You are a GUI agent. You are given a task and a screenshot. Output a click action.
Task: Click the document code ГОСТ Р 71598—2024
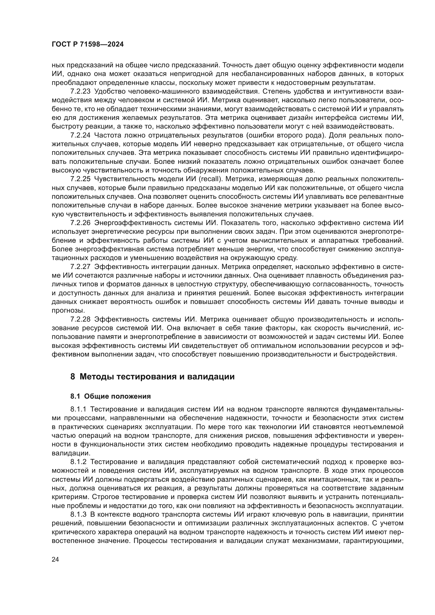(88, 45)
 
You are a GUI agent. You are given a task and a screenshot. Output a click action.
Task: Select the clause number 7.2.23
(80, 91)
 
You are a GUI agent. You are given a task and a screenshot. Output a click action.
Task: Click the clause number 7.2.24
(80, 135)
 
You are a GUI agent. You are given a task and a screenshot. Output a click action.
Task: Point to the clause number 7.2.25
(80, 179)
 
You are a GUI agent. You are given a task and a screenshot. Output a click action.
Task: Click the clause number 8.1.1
(78, 409)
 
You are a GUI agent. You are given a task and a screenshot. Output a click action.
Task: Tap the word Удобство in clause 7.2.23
(110, 91)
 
